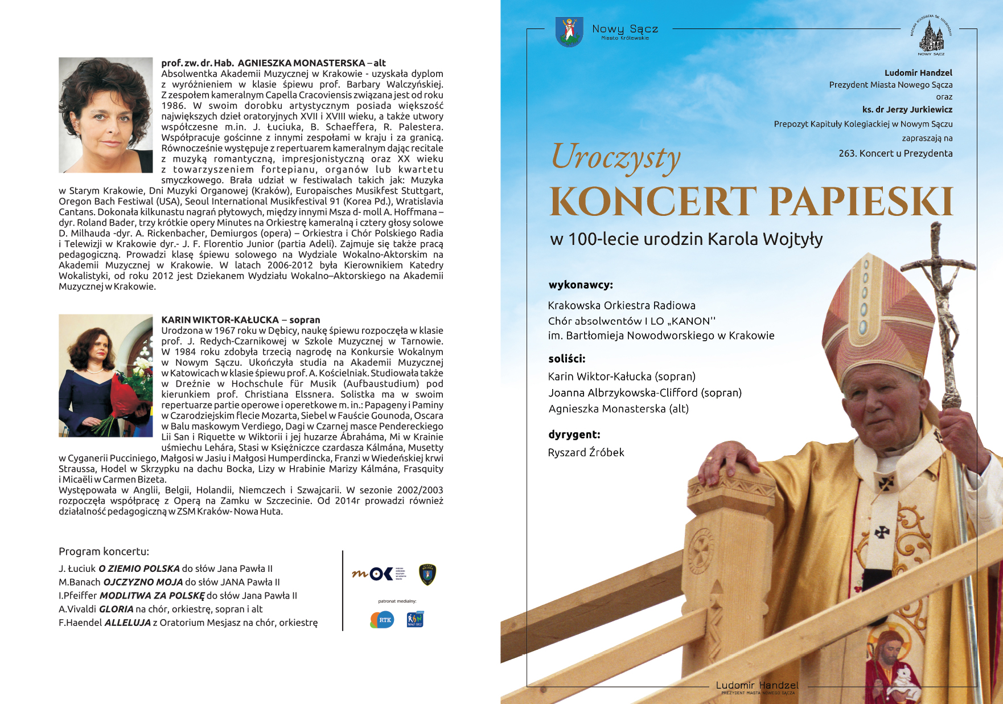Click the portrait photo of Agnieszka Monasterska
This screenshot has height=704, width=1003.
point(106,115)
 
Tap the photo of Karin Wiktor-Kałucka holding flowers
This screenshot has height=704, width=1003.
point(106,375)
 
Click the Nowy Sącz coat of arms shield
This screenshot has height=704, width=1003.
point(569,31)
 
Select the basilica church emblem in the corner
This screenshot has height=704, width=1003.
point(931,35)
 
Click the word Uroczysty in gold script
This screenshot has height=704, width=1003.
point(616,158)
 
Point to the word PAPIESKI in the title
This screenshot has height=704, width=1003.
point(861,202)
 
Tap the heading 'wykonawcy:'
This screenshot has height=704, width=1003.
point(581,285)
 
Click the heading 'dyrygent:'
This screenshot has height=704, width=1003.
point(574,435)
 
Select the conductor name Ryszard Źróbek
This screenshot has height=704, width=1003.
point(586,453)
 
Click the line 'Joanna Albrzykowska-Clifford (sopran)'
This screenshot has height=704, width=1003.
point(645,393)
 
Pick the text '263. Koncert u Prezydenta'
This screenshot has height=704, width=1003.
point(895,153)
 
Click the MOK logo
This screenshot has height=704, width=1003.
point(379,574)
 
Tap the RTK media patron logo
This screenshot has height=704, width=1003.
point(382,620)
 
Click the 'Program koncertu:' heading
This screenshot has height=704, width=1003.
point(104,551)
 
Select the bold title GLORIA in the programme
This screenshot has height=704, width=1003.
point(116,609)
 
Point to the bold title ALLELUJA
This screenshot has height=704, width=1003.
point(128,623)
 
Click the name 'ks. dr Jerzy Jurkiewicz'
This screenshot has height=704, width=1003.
point(907,109)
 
